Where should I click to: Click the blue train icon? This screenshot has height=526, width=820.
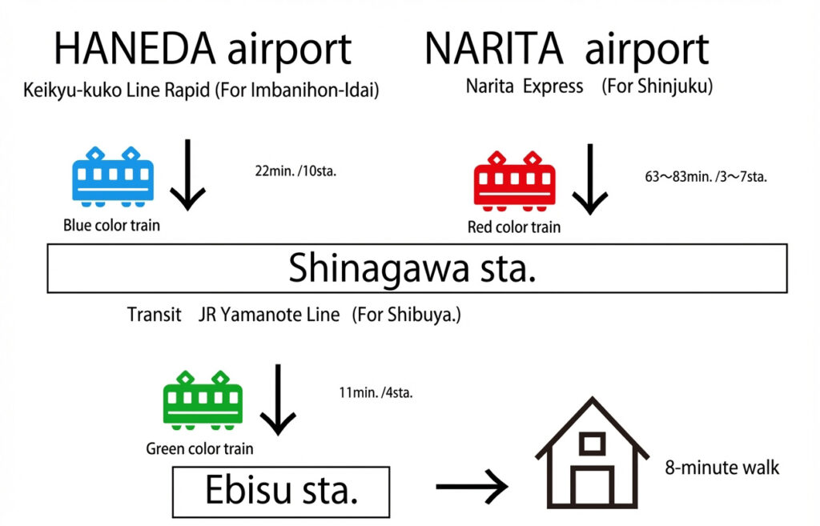(113, 177)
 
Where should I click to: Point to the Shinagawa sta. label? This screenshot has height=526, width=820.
(412, 269)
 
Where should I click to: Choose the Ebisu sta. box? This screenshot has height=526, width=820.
(280, 491)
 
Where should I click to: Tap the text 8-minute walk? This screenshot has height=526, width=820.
(722, 468)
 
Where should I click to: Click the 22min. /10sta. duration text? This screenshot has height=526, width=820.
(295, 171)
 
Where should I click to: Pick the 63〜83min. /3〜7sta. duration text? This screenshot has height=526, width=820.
(705, 177)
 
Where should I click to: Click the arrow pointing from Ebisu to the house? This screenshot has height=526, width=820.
(472, 486)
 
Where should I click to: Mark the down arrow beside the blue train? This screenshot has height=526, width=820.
(188, 175)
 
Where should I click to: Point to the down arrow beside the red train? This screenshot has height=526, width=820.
(590, 179)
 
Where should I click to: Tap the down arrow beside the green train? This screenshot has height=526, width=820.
(278, 398)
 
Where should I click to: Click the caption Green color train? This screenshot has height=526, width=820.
(199, 449)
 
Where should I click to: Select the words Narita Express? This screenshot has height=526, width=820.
(525, 86)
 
